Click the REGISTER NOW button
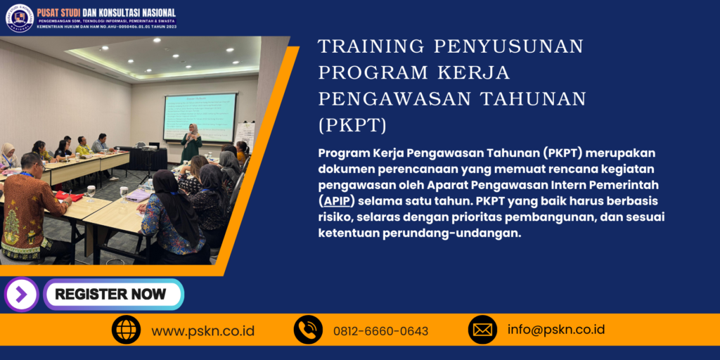click(x=112, y=294)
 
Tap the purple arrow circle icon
click(x=21, y=295)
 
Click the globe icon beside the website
click(x=127, y=330)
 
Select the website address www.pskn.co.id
click(x=202, y=330)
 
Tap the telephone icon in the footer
click(x=308, y=330)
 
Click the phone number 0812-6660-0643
click(x=380, y=331)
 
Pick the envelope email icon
click(x=482, y=330)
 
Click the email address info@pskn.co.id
click(x=555, y=330)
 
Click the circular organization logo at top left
click(x=19, y=18)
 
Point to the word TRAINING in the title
click(x=370, y=46)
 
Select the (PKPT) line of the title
click(x=352, y=125)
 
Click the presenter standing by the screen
click(x=191, y=142)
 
